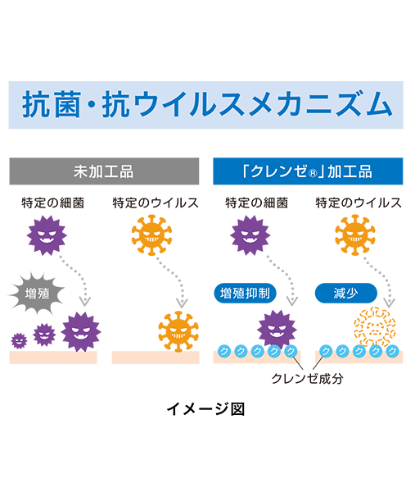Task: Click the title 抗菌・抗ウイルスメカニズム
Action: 207,104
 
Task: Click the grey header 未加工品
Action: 104,171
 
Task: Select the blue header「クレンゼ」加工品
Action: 308,171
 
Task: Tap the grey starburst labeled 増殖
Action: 37,294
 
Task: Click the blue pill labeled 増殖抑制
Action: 245,294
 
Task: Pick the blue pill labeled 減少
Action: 345,294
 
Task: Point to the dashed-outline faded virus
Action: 375,327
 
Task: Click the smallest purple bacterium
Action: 19,341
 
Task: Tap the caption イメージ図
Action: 205,409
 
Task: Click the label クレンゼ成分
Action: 307,378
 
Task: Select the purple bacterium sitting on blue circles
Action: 277,330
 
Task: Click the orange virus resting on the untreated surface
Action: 178,330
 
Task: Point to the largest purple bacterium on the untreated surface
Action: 81,331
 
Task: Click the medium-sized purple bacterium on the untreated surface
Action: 44,335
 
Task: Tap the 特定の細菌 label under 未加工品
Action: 53,203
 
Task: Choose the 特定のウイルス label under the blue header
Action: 359,203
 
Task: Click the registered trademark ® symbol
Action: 313,173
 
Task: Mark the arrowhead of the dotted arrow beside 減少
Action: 390,303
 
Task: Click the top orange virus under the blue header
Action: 355,235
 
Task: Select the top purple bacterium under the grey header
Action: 47,235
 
